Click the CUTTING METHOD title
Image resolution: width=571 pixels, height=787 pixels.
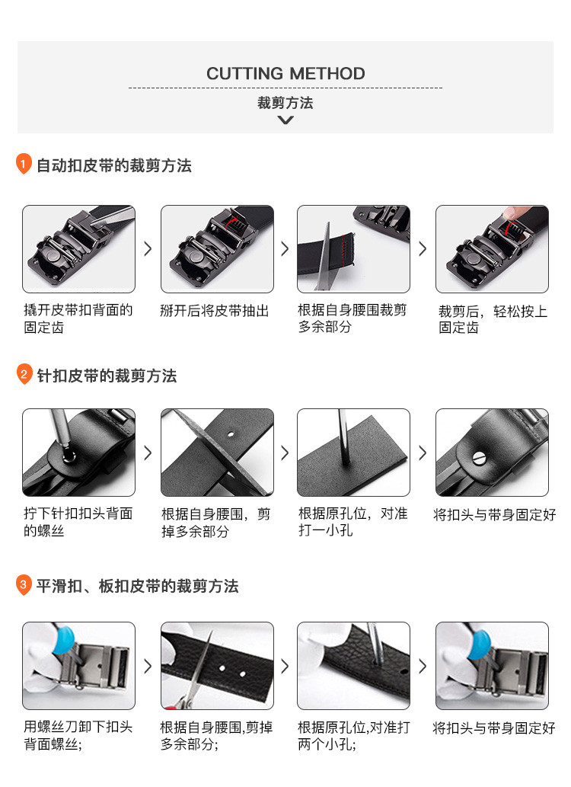pos(285,74)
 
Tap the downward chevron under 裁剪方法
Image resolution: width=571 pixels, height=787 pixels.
pos(285,120)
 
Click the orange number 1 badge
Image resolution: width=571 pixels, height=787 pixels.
pos(23,164)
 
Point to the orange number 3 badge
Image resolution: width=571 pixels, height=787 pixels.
pos(24,585)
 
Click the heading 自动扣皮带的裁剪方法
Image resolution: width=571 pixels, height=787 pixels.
pos(114,165)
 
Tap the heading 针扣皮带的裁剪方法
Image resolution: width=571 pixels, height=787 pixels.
pos(107,376)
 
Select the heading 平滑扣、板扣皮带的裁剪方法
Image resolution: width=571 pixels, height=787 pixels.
pos(137,586)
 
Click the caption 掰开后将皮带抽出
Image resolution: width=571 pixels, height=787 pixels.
pos(214,311)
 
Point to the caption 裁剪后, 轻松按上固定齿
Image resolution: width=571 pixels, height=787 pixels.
pos(493,319)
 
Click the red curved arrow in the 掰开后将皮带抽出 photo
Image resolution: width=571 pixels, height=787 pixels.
pos(231,222)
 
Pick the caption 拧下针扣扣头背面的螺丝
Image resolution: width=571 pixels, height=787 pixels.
pos(78,522)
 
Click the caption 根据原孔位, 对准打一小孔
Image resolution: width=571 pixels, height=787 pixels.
pos(352,521)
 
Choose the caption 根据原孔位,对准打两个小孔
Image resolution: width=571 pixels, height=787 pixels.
pos(354,735)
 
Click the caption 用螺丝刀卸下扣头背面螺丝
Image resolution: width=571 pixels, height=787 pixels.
pos(78,735)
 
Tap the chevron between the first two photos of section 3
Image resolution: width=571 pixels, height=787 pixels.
pos(148,666)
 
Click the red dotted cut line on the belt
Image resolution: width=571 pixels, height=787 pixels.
pos(343,249)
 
